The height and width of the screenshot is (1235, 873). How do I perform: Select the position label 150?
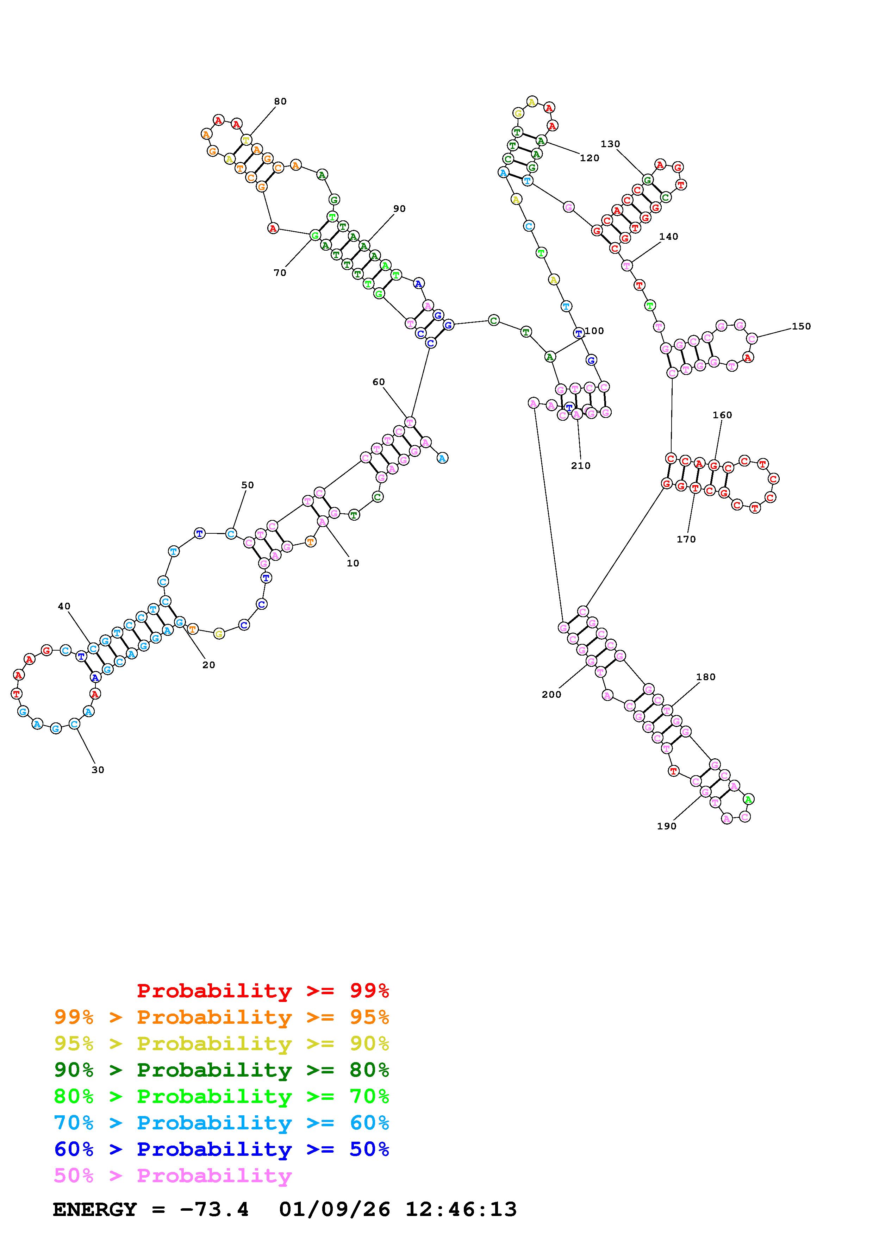[801, 326]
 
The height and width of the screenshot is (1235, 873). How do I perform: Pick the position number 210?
[580, 466]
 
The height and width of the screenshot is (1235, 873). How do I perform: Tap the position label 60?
[379, 382]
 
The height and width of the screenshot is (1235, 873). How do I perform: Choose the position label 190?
[666, 826]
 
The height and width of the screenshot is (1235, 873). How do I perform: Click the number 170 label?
[686, 539]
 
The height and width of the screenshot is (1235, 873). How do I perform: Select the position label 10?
[353, 564]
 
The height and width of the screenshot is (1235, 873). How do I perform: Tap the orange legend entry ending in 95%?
[222, 1017]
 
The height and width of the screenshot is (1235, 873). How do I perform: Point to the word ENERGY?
[95, 1210]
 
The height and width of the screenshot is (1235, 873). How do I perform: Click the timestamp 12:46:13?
[461, 1210]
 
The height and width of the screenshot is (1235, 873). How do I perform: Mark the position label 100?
[594, 331]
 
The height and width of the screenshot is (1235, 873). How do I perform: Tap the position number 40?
[64, 607]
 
